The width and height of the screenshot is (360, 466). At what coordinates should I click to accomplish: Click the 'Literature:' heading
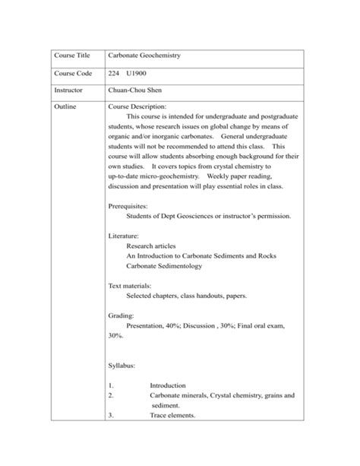(128, 236)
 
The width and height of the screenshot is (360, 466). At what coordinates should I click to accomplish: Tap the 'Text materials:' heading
(135, 286)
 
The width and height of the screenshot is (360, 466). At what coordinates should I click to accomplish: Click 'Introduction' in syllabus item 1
(167, 385)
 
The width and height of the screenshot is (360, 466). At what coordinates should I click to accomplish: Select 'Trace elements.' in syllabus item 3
(172, 415)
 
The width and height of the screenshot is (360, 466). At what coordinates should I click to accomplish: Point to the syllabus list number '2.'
(112, 395)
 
